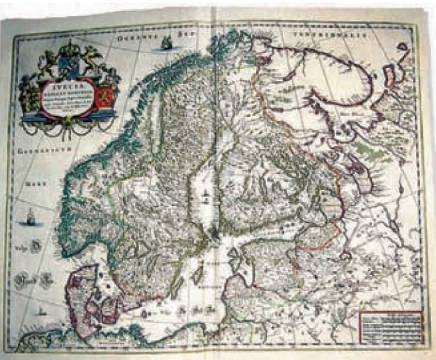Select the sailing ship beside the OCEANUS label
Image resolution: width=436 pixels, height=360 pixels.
[x=160, y=42]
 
